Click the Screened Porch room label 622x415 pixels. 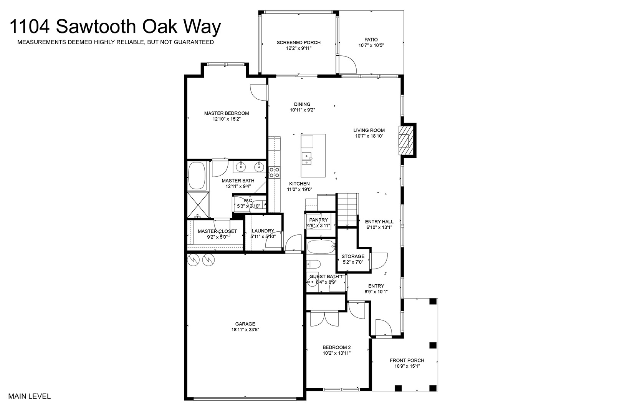[298, 43]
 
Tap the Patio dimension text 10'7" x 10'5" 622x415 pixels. [371, 45]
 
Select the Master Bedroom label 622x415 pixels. [227, 113]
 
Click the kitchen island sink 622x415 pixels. [307, 158]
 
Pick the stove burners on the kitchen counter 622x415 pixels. [275, 172]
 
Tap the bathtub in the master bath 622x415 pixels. [197, 176]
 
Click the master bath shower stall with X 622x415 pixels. [198, 205]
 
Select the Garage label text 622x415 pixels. [245, 324]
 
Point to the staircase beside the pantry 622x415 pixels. [347, 210]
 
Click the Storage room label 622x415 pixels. [353, 256]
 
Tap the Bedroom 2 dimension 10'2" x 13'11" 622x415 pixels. [337, 353]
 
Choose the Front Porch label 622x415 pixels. [407, 360]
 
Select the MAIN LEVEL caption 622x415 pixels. [30, 397]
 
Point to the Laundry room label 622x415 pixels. [263, 231]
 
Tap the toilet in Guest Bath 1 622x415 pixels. [314, 264]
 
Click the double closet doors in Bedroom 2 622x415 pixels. [324, 319]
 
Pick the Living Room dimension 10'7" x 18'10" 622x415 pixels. [369, 136]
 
